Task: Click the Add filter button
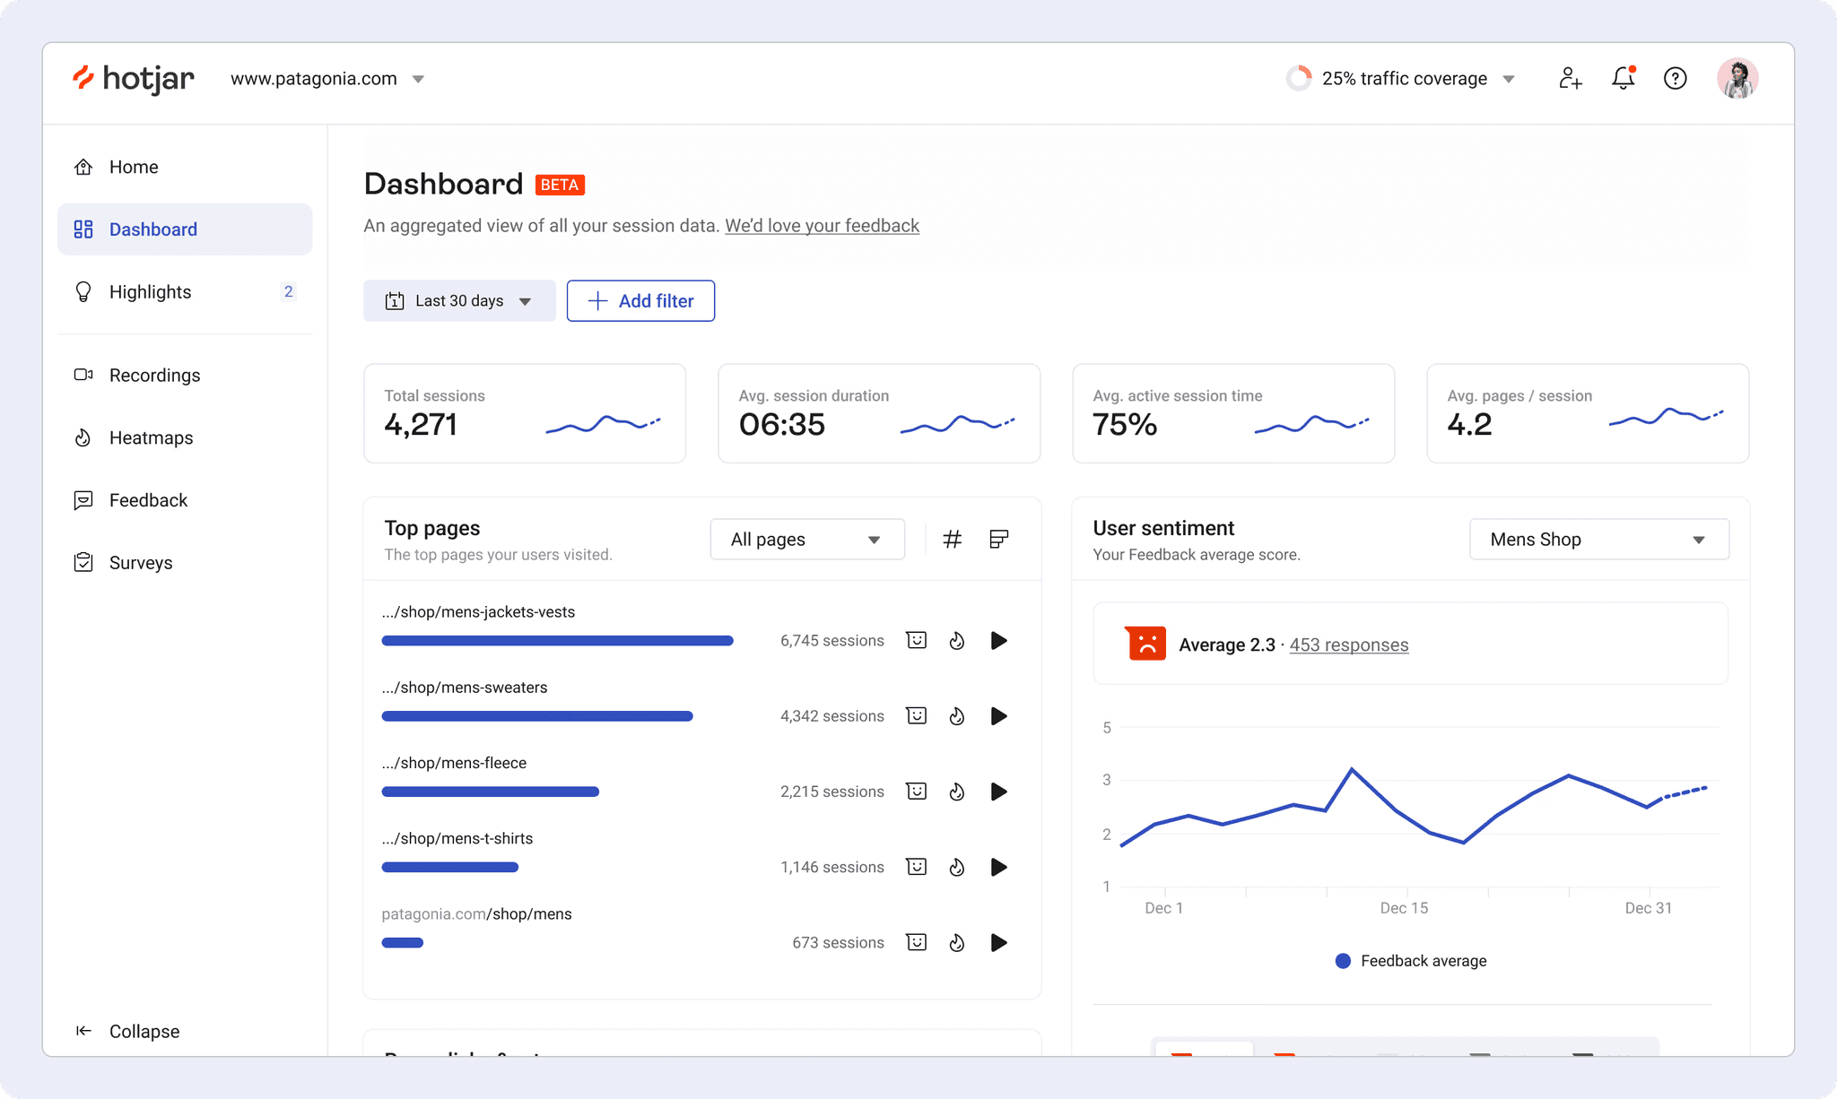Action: (x=640, y=300)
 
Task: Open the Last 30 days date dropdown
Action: (x=459, y=300)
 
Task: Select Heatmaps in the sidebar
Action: (x=151, y=437)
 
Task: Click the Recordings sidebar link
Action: (x=154, y=375)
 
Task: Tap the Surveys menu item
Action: (x=141, y=562)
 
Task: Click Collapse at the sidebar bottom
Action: (x=144, y=1031)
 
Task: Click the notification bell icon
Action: (x=1624, y=78)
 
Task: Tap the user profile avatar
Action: (x=1737, y=78)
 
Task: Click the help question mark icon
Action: (x=1675, y=78)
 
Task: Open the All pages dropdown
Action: (x=807, y=539)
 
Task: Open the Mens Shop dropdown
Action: (x=1599, y=539)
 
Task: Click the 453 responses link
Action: (x=1349, y=645)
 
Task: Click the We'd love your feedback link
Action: (x=822, y=225)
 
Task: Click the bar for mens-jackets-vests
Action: (x=557, y=640)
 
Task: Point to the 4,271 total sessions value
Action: (x=421, y=424)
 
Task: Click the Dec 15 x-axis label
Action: (x=1404, y=908)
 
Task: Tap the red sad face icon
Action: (x=1145, y=644)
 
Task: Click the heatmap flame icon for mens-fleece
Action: (x=957, y=792)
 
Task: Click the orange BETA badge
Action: (x=560, y=185)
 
